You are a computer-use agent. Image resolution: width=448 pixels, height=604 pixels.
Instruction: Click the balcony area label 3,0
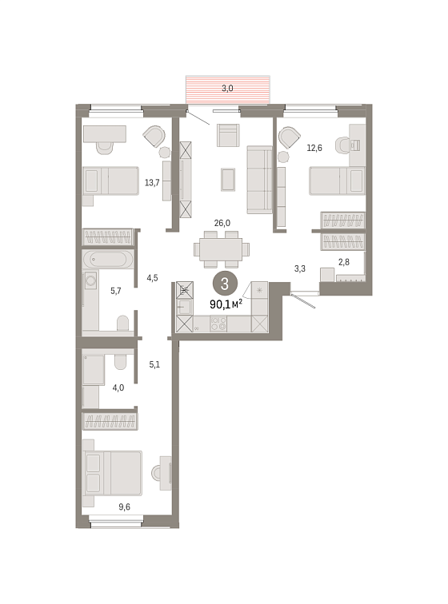[227, 88]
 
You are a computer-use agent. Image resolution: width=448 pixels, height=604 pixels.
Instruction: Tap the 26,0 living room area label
[222, 223]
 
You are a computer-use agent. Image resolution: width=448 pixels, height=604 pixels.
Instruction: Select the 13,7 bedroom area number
[152, 183]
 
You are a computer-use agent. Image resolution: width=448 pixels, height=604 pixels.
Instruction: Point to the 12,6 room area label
[314, 148]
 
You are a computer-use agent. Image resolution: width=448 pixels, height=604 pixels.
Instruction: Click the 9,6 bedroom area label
[124, 507]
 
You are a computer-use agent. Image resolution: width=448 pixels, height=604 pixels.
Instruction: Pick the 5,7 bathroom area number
[116, 291]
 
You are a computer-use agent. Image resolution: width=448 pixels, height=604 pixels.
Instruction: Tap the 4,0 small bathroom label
[118, 388]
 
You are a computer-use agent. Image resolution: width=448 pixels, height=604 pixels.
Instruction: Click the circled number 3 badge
[225, 284]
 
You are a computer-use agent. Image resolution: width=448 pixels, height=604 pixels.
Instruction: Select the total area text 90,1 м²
[226, 304]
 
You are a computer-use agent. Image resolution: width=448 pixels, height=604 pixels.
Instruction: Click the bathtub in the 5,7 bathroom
[108, 259]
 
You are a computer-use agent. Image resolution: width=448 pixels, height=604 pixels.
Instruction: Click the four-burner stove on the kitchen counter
[218, 324]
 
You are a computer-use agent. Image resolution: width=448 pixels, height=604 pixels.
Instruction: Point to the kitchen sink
[184, 307]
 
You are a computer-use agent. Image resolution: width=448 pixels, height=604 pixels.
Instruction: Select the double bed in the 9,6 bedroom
[112, 473]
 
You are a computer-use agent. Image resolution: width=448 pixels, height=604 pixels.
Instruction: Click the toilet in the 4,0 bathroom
[120, 361]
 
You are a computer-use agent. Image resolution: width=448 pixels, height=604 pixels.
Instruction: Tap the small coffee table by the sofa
[228, 180]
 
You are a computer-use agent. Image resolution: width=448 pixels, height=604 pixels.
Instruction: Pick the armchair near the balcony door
[228, 135]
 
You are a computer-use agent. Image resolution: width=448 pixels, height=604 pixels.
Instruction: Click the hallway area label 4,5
[152, 278]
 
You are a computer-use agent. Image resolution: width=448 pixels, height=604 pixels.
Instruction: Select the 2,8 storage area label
[344, 262]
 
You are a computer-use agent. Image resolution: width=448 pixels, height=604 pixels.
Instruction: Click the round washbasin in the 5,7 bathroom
[90, 280]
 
